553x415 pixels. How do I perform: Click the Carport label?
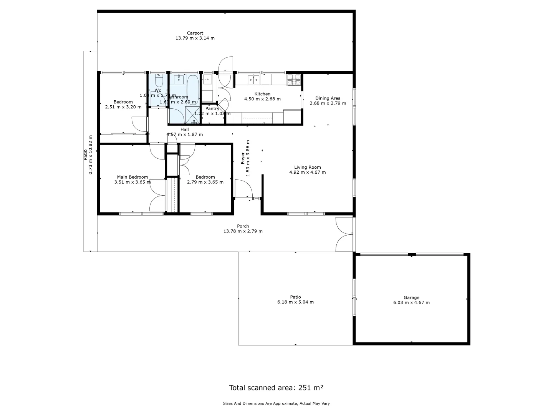(x=195, y=33)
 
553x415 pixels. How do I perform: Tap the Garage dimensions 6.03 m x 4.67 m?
(x=411, y=302)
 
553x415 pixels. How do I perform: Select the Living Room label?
(x=307, y=167)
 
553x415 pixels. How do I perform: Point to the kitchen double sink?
(x=253, y=80)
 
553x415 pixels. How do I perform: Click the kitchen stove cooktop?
(x=294, y=80)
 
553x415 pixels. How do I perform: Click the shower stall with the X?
(x=193, y=115)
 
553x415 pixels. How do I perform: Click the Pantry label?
(x=212, y=109)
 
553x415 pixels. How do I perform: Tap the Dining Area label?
(x=328, y=98)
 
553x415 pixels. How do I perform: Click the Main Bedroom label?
(x=132, y=177)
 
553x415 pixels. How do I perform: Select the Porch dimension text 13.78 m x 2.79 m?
(x=243, y=231)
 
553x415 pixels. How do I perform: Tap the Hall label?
(x=184, y=129)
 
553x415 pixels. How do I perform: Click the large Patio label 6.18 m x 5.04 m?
(x=295, y=297)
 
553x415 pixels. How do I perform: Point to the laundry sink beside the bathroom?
(x=207, y=80)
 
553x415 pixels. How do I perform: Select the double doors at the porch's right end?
(x=344, y=234)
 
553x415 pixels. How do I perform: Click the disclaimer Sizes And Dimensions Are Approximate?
(x=276, y=403)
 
